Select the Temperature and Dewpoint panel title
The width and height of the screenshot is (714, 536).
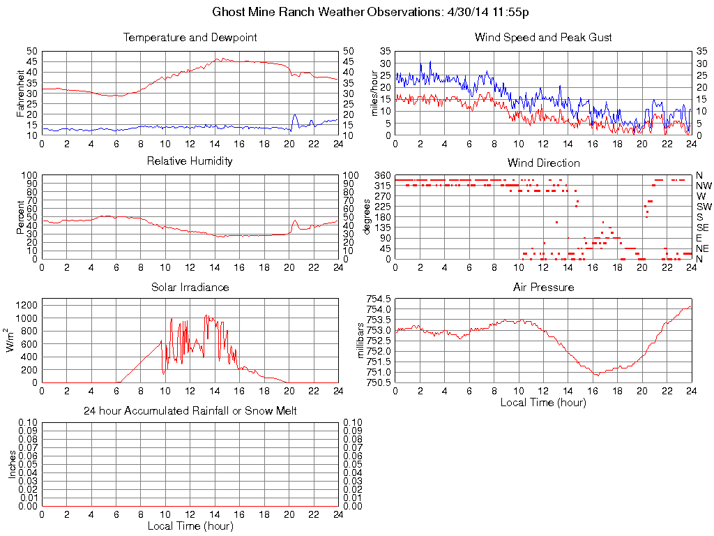point(190,38)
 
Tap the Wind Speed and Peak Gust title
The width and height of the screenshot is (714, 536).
point(543,38)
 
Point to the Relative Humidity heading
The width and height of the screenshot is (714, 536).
point(190,161)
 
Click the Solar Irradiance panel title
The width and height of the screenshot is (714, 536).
point(190,287)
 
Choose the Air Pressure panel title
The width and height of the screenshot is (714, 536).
point(543,287)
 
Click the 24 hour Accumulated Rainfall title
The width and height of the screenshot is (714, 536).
point(190,410)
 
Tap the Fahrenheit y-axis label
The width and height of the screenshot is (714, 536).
point(20,93)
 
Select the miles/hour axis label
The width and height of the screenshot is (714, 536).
point(374,93)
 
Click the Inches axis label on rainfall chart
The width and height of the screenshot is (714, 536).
point(12,464)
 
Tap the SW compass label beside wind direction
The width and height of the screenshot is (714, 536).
point(704,207)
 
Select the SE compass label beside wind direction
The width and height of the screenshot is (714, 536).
point(704,228)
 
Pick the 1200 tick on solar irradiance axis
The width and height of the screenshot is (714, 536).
point(25,305)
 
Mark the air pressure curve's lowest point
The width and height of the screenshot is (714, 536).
point(597,375)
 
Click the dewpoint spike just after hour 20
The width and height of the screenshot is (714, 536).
point(295,115)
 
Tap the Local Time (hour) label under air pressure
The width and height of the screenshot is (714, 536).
point(543,402)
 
